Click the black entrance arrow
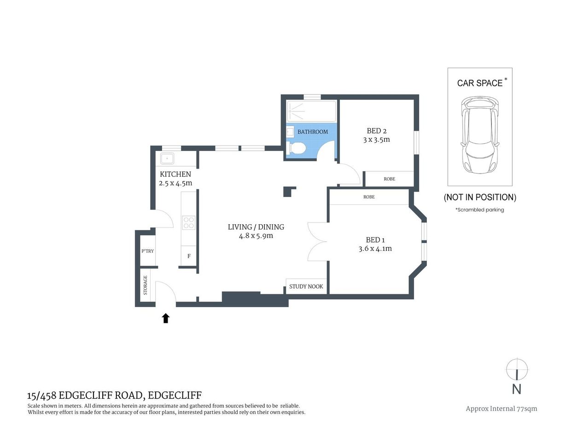coord(166,318)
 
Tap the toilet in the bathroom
coord(297,148)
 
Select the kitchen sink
coord(167,159)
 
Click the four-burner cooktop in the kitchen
coord(189,223)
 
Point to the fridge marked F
coord(189,256)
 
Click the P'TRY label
coord(147,251)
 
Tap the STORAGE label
coord(146,285)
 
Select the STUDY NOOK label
coord(306,286)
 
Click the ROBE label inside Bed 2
coord(389,179)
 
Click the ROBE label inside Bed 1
coord(369,197)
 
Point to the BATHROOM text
coord(313,132)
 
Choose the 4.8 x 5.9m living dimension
coord(256,236)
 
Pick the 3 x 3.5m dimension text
coord(376,140)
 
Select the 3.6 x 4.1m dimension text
coord(375,249)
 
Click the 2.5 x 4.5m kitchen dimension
coord(175,183)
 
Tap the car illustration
coord(480,134)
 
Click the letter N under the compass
coord(517,389)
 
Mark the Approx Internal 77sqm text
coord(501,408)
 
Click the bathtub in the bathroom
coord(311,111)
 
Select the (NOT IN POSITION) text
coord(480,197)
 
